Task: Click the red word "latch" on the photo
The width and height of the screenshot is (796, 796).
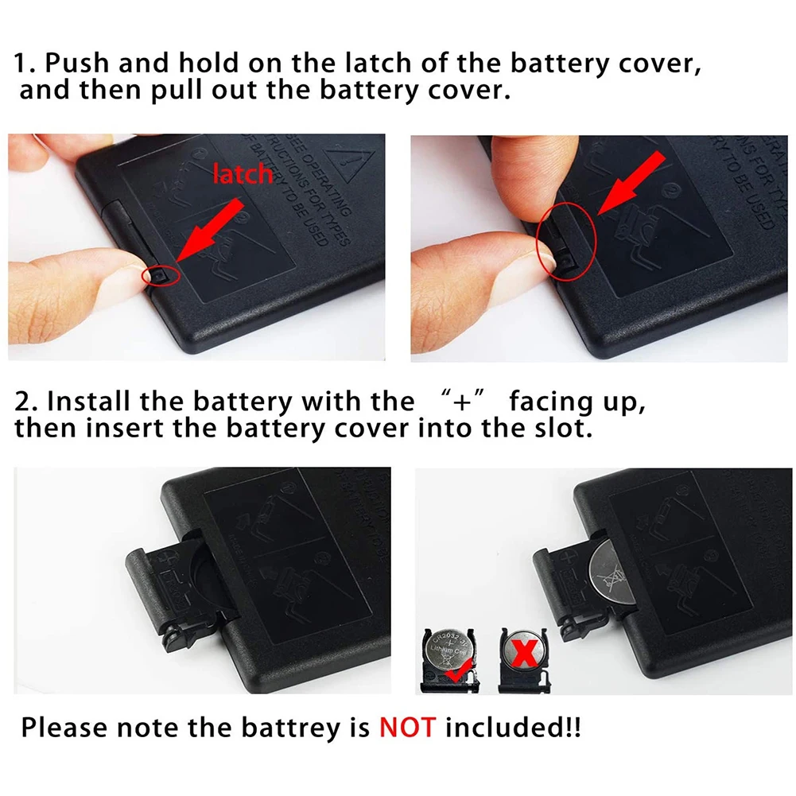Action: [x=242, y=173]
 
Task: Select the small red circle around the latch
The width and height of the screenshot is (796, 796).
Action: [x=158, y=275]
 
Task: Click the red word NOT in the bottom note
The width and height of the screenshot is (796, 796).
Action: [x=407, y=727]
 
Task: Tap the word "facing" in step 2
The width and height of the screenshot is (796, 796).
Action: [x=551, y=402]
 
